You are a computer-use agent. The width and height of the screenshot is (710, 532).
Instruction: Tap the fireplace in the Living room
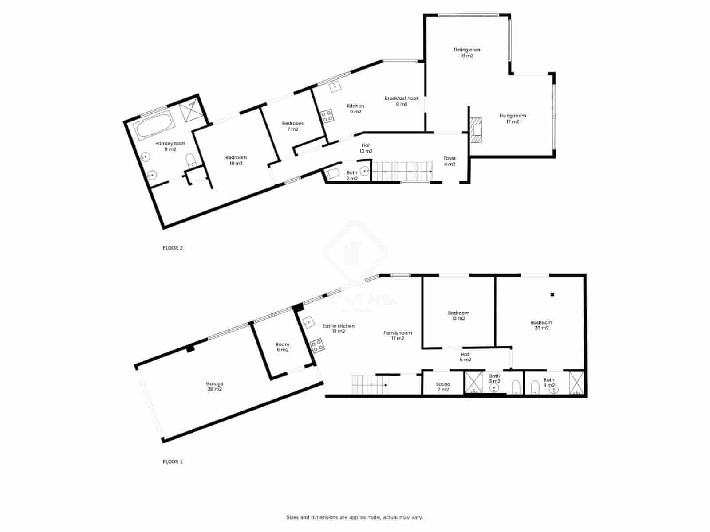pyautogui.click(x=477, y=131)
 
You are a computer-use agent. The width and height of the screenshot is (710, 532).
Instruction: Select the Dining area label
pyautogui.click(x=466, y=53)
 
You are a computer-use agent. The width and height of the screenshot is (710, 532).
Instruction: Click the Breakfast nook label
pyautogui.click(x=401, y=101)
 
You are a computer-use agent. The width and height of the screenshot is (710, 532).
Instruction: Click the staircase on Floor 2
pyautogui.click(x=401, y=172)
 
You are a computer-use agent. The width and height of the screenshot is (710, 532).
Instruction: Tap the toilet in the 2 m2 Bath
pyautogui.click(x=332, y=173)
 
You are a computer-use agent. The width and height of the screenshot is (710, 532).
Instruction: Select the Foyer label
pyautogui.click(x=450, y=161)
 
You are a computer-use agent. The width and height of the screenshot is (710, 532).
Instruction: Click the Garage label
pyautogui.click(x=214, y=386)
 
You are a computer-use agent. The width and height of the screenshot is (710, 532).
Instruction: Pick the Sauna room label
pyautogui.click(x=443, y=387)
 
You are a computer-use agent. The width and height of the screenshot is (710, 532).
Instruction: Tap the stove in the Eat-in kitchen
pyautogui.click(x=317, y=346)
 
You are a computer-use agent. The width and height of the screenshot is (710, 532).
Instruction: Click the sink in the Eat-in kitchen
pyautogui.click(x=308, y=322)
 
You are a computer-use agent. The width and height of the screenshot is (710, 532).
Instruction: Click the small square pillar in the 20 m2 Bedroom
pyautogui.click(x=552, y=294)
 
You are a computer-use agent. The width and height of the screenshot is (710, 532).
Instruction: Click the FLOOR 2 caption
pyautogui.click(x=173, y=248)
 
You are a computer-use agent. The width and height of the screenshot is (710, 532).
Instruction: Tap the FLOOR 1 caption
pyautogui.click(x=173, y=462)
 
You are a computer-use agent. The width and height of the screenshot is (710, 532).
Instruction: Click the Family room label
pyautogui.click(x=398, y=336)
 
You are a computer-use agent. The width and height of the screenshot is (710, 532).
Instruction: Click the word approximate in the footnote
pyautogui.click(x=365, y=517)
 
